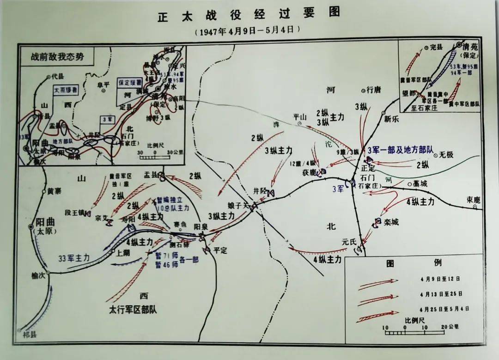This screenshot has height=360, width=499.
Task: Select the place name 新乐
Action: click(x=392, y=119)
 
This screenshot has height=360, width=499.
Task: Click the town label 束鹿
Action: click(x=473, y=200)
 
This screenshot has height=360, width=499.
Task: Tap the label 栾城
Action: click(x=390, y=222)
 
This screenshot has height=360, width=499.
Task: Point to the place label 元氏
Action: click(x=350, y=241)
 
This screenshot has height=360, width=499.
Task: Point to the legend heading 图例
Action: click(x=414, y=263)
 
